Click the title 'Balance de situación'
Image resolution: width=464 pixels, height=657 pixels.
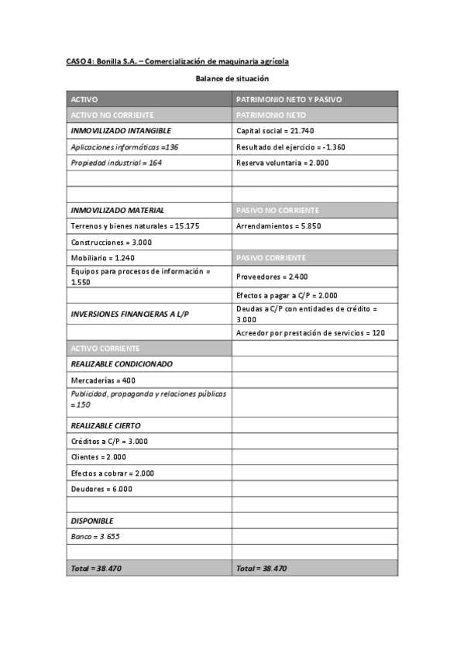(x=232, y=78)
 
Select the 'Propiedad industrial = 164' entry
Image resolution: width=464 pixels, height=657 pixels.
(x=115, y=163)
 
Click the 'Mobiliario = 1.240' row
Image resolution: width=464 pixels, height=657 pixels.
(x=102, y=257)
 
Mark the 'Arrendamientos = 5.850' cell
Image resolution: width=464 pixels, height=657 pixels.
(x=278, y=225)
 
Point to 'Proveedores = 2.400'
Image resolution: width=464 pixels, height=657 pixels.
(x=272, y=276)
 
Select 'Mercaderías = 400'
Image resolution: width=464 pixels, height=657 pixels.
(x=103, y=380)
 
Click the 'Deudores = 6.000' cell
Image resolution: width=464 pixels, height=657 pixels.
(x=101, y=489)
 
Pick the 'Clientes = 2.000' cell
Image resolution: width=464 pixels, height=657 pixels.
(x=98, y=457)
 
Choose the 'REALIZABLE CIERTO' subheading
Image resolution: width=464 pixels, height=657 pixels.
(x=105, y=425)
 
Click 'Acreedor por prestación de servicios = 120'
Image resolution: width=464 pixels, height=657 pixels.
(x=311, y=332)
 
